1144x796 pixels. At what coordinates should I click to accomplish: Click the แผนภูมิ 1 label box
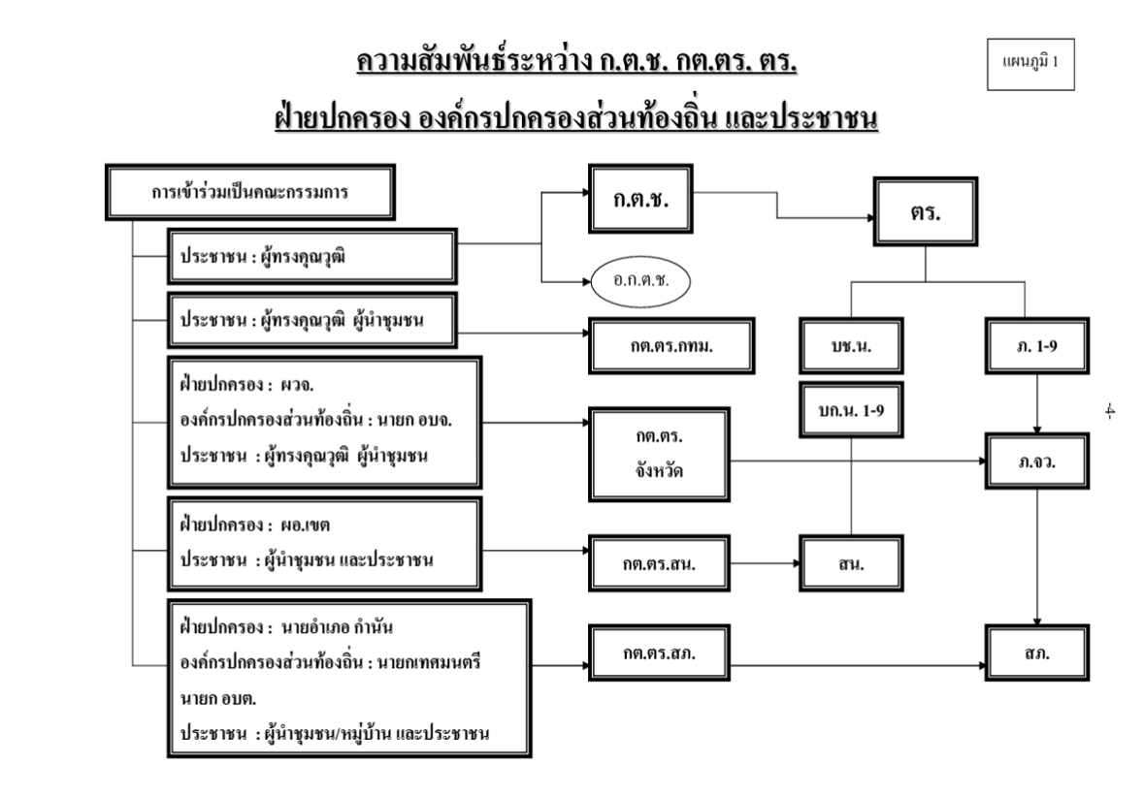[1030, 65]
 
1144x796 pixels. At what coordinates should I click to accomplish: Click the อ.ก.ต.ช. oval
[640, 283]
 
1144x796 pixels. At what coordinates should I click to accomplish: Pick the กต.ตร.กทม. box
[654, 346]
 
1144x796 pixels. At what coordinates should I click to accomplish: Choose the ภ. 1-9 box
[1037, 346]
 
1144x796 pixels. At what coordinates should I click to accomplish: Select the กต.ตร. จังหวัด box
[654, 450]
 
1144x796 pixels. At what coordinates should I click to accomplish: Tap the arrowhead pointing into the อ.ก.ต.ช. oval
[585, 283]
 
